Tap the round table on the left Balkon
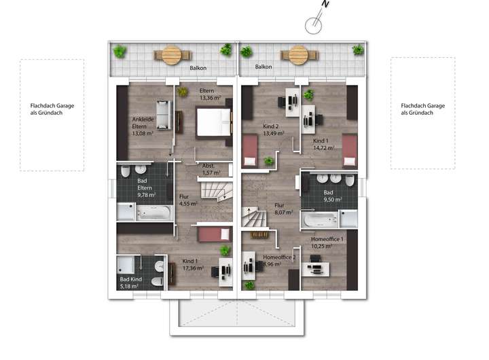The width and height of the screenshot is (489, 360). point(172,55)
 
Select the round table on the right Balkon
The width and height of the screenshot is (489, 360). point(298,55)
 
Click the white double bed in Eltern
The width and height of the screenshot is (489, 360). point(214,122)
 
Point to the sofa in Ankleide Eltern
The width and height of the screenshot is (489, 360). point(164,115)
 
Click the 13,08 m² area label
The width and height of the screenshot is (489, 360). point(143,133)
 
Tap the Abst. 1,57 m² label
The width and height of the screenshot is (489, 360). point(211,169)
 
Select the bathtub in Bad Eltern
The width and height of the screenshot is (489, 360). point(154,213)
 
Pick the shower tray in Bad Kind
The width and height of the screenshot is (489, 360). point(126,264)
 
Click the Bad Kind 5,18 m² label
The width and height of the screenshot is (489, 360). point(130,283)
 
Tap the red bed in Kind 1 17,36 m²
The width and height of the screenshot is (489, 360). point(214,234)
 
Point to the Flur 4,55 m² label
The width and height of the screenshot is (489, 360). point(188,200)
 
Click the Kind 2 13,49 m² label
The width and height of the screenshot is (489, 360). point(274,130)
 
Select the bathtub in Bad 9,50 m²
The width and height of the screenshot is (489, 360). point(319,220)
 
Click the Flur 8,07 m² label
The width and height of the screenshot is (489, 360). point(283,209)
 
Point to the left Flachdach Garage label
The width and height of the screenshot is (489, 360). point(52,109)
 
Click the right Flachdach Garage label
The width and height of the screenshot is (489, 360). point(423,109)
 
